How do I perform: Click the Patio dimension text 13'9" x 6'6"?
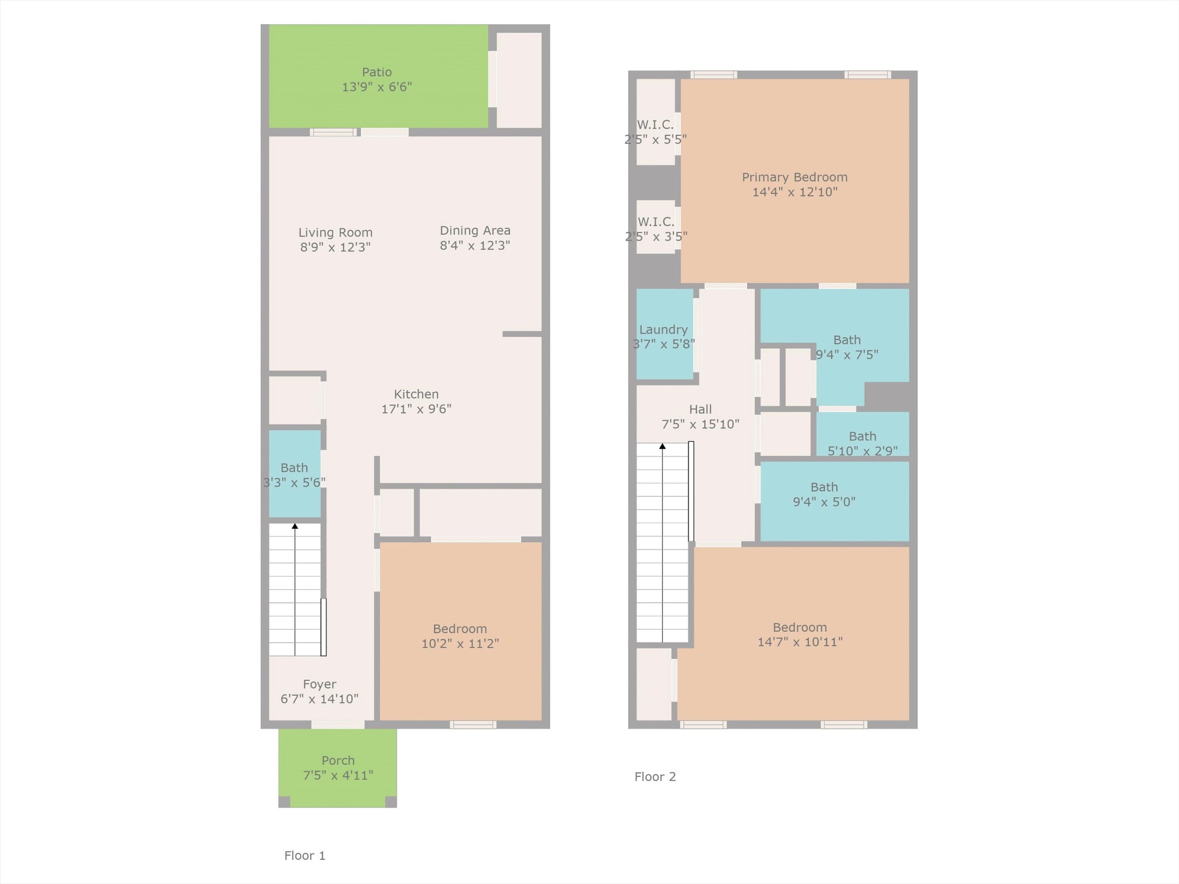point(376,87)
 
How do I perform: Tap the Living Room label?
point(335,233)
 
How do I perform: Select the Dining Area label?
point(475,230)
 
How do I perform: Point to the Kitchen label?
point(416,394)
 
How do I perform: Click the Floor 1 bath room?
point(294,474)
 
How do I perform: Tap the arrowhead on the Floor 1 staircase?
point(295,526)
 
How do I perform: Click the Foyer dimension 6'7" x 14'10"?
point(319,699)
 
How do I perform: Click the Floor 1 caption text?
point(305,855)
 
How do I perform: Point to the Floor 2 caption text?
point(655,776)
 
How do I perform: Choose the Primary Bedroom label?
point(794,177)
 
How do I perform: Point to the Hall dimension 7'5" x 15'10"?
point(700,424)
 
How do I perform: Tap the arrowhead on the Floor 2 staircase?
point(662,446)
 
